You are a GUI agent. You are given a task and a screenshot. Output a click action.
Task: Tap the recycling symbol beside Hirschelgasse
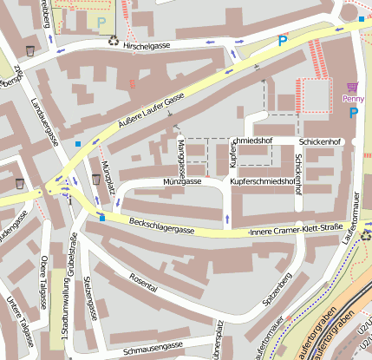(113, 39)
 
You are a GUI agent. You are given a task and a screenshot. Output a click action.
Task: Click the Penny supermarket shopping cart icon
(352, 87)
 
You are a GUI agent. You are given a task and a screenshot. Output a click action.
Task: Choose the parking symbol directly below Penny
(353, 113)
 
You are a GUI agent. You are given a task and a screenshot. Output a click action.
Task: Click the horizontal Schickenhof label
(321, 141)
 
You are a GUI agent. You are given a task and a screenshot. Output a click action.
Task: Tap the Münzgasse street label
(182, 181)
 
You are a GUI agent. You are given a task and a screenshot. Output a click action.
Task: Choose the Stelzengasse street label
(88, 297)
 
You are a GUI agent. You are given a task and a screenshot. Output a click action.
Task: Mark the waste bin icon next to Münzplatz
(95, 179)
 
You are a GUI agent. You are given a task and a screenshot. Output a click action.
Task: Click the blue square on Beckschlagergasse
(103, 218)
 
